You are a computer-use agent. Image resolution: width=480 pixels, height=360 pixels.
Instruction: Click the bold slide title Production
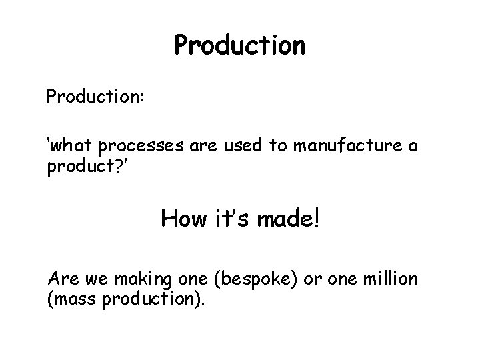pos(239,45)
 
